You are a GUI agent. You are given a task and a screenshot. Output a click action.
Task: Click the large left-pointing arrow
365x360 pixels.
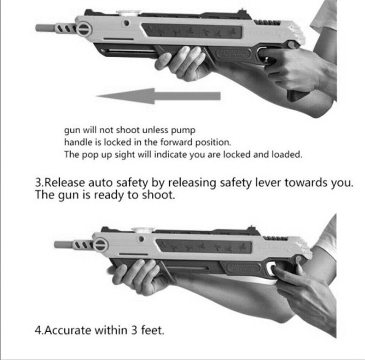[x=158, y=96]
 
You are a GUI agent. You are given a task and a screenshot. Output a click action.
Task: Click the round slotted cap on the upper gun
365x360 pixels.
[x=84, y=29]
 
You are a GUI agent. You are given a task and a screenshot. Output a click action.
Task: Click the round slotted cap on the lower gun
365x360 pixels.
[x=100, y=245]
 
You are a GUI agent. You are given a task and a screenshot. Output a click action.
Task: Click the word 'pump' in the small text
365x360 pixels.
[x=184, y=130]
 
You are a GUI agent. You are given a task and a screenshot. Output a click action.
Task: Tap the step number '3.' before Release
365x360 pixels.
[x=40, y=183]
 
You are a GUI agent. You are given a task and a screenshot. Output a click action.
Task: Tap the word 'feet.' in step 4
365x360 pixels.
[x=152, y=330]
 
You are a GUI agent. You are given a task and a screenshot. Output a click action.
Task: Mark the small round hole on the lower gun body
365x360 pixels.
[x=141, y=240]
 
